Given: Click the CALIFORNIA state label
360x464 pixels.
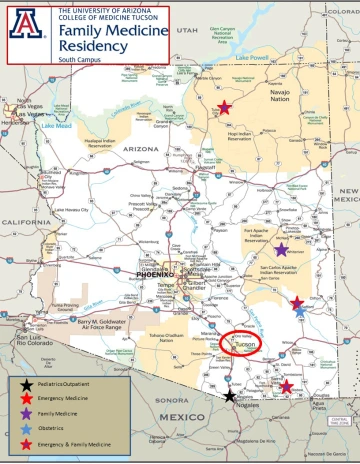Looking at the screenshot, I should tap(25, 221).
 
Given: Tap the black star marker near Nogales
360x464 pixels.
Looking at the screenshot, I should tap(231, 396).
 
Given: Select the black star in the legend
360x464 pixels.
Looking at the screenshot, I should tap(21, 384).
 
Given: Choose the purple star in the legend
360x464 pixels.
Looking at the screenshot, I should tap(21, 412).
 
